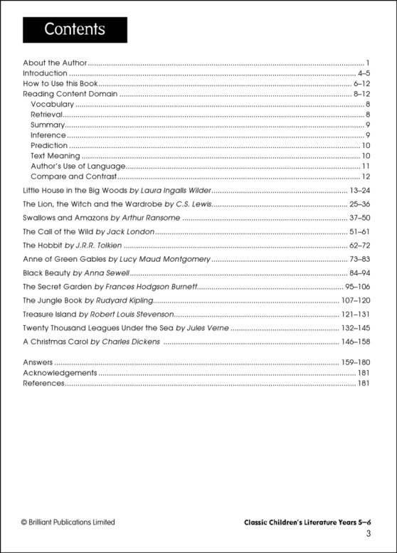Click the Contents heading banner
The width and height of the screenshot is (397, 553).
(75, 30)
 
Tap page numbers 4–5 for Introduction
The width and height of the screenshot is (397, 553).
(364, 73)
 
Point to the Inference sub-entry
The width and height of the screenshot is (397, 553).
(48, 135)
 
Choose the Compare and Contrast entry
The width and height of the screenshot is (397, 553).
(73, 177)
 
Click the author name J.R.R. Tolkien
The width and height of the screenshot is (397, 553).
(107, 245)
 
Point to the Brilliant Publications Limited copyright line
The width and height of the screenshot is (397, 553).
(68, 522)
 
